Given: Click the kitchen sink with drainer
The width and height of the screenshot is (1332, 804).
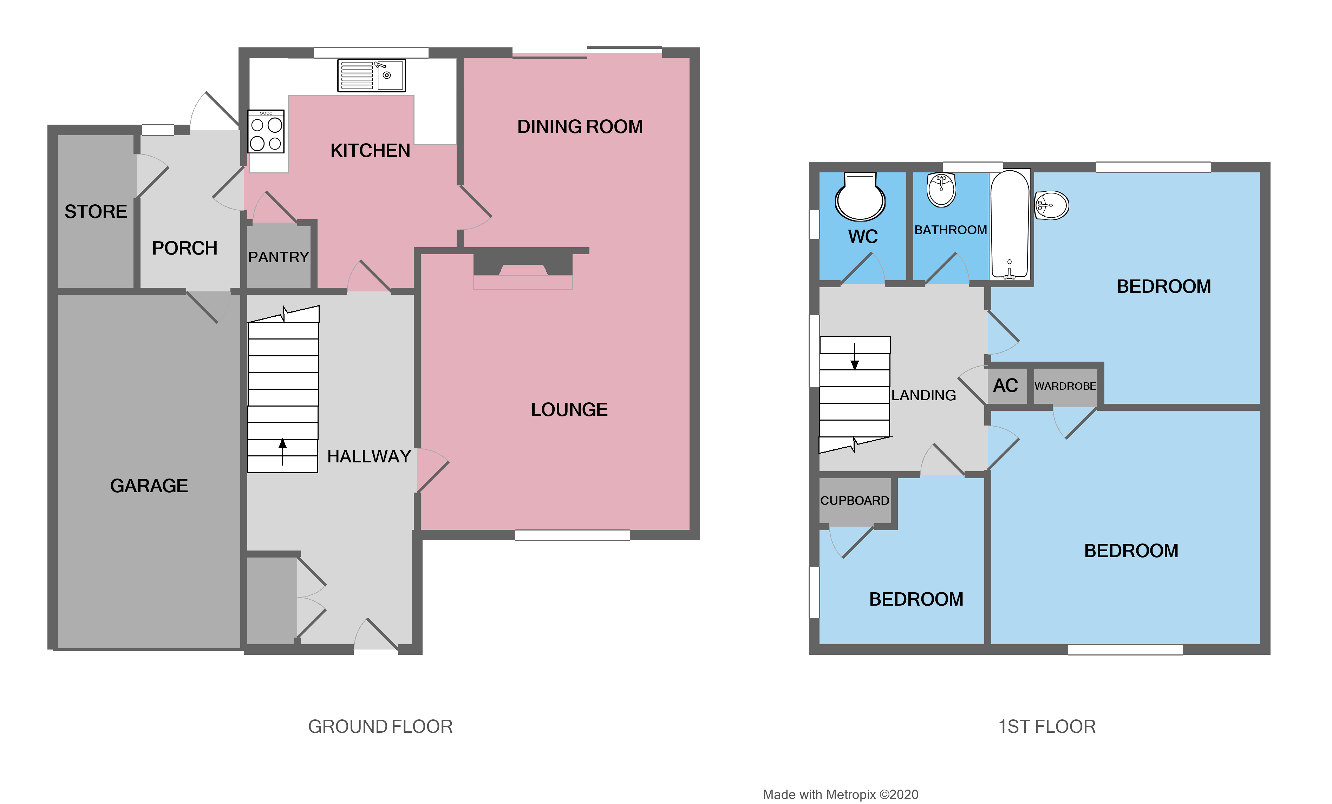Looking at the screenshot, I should click(x=371, y=75).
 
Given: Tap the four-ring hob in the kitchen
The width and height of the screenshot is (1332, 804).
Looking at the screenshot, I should click(x=266, y=132).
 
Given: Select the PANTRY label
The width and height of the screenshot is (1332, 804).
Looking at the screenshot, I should click(x=279, y=257).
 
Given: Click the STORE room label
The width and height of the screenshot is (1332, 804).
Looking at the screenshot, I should click(x=96, y=212).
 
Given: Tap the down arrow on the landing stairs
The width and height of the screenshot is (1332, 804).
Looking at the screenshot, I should click(x=855, y=358).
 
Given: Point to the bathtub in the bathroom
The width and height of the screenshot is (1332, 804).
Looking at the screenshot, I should click(x=1009, y=224).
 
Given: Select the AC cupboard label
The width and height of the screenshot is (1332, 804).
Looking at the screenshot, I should click(x=1005, y=386).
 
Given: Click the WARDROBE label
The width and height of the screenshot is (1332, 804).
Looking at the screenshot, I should click(x=1065, y=386).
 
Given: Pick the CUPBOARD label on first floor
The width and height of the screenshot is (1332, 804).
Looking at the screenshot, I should click(x=855, y=501).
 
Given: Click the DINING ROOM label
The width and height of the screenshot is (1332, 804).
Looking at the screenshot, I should click(x=580, y=127).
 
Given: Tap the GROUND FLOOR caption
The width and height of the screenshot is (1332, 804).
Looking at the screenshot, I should click(x=380, y=727).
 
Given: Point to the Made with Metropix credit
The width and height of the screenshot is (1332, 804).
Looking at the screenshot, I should click(x=840, y=795).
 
